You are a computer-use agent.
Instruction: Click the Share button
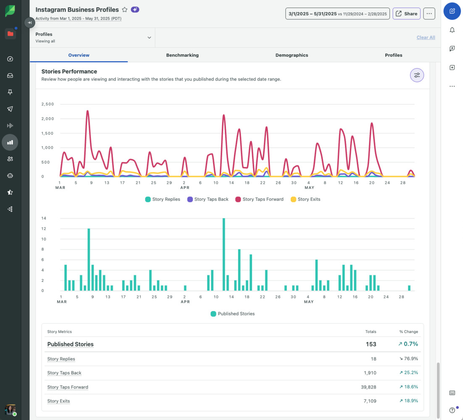[x=406, y=14]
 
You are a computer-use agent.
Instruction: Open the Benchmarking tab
[x=182, y=55]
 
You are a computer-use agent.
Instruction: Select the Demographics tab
[x=292, y=55]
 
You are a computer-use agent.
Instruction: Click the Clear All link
[x=426, y=37]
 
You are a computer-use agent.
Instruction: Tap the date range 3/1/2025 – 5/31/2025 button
[x=337, y=14]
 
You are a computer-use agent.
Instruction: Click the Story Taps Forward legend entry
[x=259, y=199]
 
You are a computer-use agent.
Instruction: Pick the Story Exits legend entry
[x=305, y=199]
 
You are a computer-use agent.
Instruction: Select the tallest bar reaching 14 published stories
[x=224, y=255]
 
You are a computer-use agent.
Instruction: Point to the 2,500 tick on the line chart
[x=47, y=104]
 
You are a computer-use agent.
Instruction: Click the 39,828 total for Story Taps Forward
[x=368, y=387]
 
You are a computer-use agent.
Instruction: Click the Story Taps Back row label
[x=64, y=373]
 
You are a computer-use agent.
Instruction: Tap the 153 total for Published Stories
[x=371, y=344]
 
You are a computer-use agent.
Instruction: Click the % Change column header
[x=408, y=332]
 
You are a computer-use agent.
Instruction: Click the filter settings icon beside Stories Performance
[x=417, y=75]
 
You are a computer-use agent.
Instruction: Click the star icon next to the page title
[x=125, y=10]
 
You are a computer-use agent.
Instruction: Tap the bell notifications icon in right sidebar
[x=452, y=30]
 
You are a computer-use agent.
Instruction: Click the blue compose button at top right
[x=452, y=11]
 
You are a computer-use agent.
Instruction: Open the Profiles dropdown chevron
[x=149, y=37]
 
